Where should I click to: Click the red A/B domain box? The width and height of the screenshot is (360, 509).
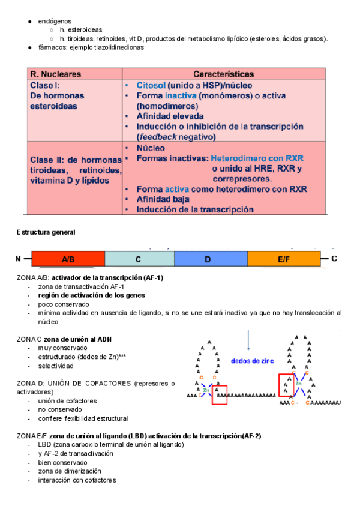point(68,259)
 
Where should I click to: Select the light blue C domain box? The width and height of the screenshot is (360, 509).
point(139,259)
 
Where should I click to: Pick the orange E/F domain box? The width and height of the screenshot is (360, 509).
point(283,259)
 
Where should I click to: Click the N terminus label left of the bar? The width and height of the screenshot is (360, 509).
point(19,259)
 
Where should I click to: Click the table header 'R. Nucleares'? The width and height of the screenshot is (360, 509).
point(56,74)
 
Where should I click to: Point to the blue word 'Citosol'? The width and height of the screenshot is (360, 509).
point(151,85)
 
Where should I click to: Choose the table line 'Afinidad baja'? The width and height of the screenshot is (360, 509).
point(163,199)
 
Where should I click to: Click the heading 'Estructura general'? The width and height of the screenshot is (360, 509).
point(46,232)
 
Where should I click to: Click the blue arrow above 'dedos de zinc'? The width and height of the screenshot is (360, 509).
point(248,340)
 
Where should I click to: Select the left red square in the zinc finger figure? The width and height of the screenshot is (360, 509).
point(220,395)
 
